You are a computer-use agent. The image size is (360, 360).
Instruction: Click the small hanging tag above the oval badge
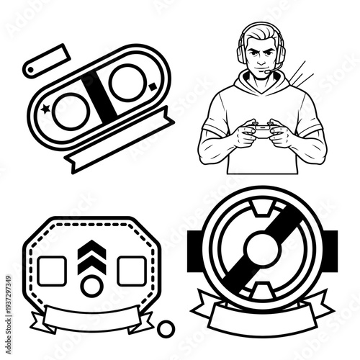(47, 59)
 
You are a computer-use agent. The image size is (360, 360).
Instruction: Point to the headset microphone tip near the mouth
(267, 72)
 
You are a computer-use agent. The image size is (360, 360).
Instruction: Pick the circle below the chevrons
(91, 286)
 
